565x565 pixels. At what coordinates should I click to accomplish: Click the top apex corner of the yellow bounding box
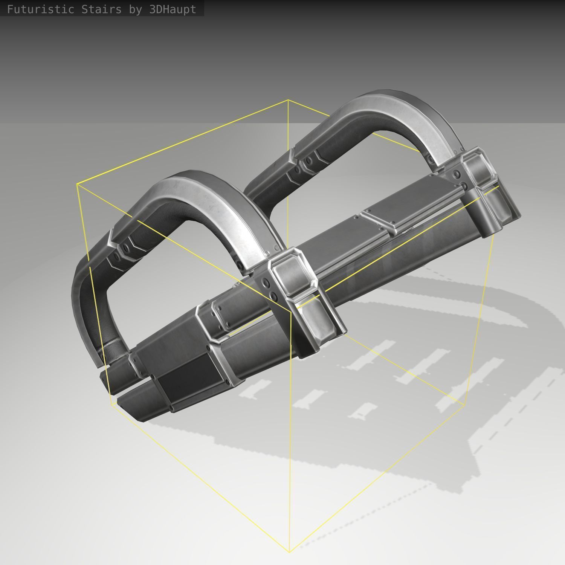[288, 100]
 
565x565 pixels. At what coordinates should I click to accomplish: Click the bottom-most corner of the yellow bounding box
[290, 552]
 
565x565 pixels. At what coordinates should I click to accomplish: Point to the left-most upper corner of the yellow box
[77, 184]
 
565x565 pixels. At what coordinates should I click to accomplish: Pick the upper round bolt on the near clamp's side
[267, 283]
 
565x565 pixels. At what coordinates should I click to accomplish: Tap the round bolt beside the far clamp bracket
[457, 174]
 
